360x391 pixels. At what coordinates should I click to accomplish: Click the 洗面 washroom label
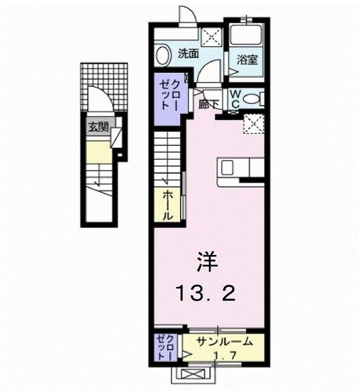[187, 53]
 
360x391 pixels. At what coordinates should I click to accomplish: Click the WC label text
[235, 97]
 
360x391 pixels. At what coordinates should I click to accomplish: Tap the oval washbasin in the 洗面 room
[162, 56]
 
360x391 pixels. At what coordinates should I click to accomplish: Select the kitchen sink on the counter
[226, 167]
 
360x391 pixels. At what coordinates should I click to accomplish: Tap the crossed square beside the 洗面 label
[212, 37]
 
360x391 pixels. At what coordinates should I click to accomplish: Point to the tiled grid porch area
[104, 79]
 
